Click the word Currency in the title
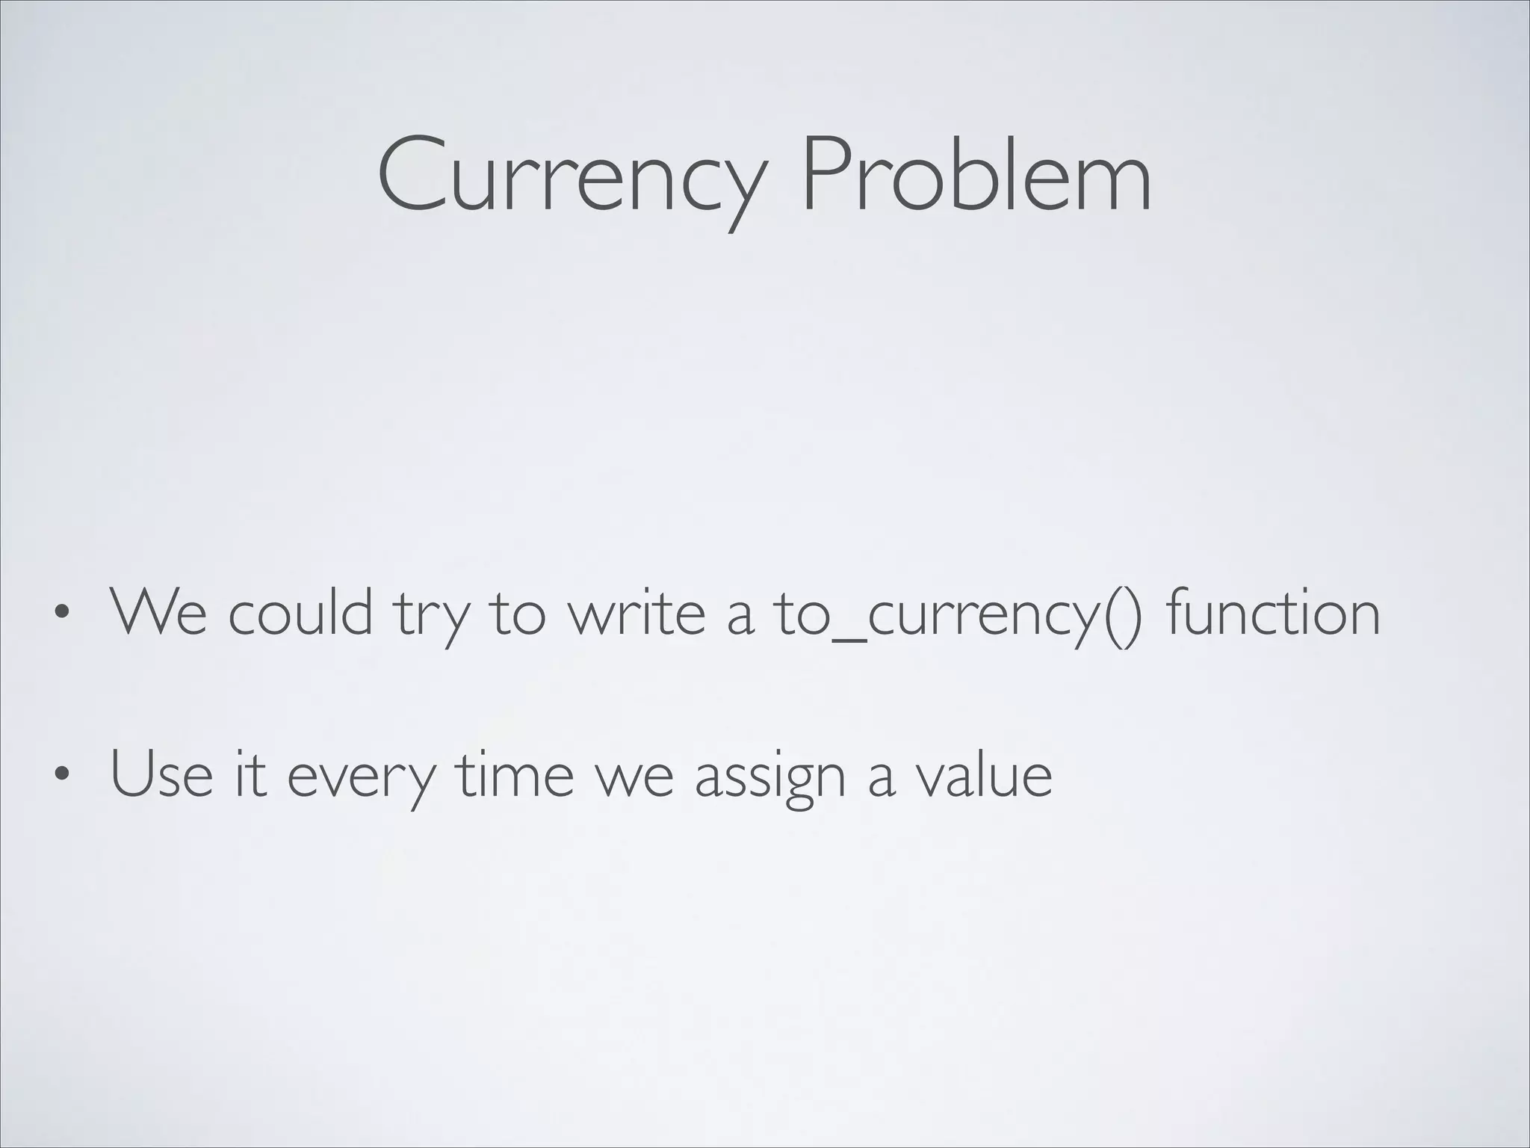pos(572,176)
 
